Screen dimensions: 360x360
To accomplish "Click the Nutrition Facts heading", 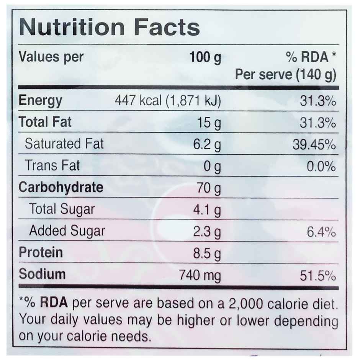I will pyautogui.click(x=109, y=28).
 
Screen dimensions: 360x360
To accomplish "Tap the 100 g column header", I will pyautogui.click(x=205, y=58).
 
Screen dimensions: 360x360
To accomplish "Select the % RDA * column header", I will pyautogui.click(x=311, y=58).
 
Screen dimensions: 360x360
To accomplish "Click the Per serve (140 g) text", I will pyautogui.click(x=285, y=75).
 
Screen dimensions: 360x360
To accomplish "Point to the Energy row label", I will pyautogui.click(x=40, y=101).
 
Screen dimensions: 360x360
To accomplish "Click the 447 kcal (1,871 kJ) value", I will pyautogui.click(x=168, y=101).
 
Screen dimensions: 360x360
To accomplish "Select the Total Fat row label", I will pyautogui.click(x=45, y=123).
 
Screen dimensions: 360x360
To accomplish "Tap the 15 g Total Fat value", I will pyautogui.click(x=208, y=123).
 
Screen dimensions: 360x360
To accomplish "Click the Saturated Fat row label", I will pyautogui.click(x=64, y=144).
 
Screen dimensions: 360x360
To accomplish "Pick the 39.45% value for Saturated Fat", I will pyautogui.click(x=314, y=145).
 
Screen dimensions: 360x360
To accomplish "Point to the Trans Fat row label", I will pyautogui.click(x=52, y=165).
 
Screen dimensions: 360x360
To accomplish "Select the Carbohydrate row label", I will pyautogui.click(x=61, y=188).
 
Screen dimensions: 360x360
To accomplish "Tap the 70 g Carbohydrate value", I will pyautogui.click(x=208, y=188).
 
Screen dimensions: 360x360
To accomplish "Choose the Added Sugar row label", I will pyautogui.click(x=67, y=231).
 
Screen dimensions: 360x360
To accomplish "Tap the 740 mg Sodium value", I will pyautogui.click(x=200, y=275).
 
